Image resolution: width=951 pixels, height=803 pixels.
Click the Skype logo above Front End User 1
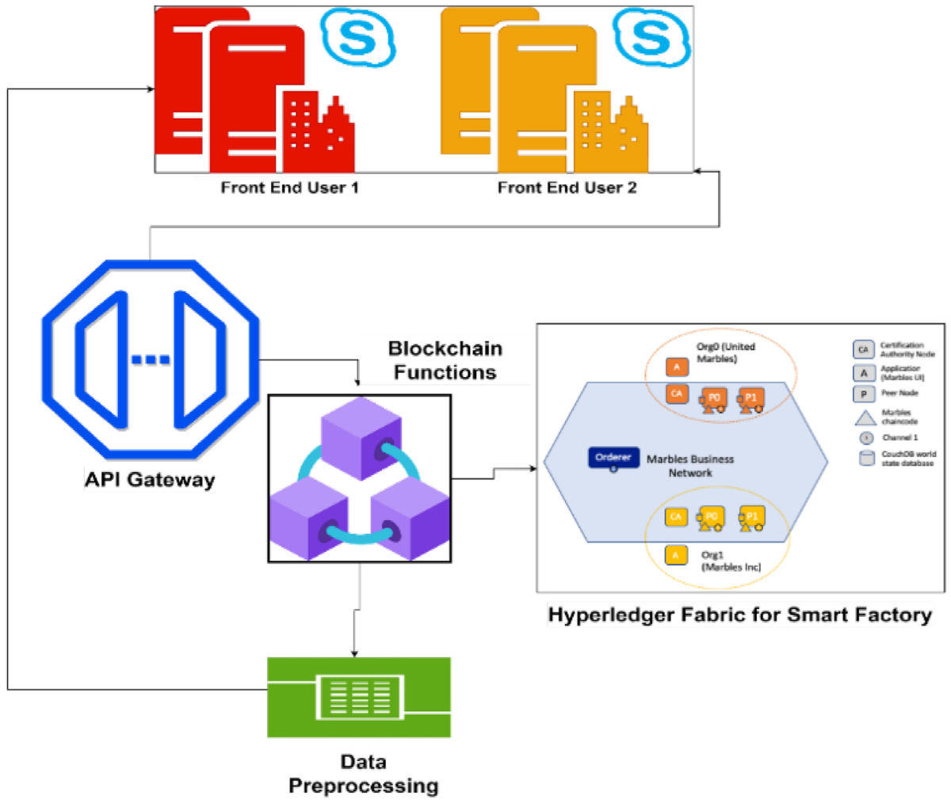(357, 36)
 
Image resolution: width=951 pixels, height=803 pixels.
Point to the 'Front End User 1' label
(289, 188)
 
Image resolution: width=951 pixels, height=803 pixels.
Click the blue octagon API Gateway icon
(151, 359)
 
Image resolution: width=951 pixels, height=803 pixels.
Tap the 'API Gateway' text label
(150, 480)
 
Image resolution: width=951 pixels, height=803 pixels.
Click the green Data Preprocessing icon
(359, 697)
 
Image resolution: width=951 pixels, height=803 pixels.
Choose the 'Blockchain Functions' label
(445, 360)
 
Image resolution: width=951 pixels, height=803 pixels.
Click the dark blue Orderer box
(613, 458)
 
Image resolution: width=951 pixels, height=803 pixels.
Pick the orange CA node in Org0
(676, 394)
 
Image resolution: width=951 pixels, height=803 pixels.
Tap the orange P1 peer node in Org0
(750, 398)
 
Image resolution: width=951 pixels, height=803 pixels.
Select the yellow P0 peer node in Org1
(711, 518)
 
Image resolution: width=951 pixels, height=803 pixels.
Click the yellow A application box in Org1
(675, 555)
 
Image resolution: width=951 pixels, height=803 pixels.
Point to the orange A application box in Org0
(676, 367)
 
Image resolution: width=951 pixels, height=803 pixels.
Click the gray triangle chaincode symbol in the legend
(865, 417)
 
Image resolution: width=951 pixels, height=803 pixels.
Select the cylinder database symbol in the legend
(867, 458)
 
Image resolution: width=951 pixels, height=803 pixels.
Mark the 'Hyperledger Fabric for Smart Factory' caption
(739, 615)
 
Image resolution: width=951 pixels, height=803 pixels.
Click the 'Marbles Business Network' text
(689, 466)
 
